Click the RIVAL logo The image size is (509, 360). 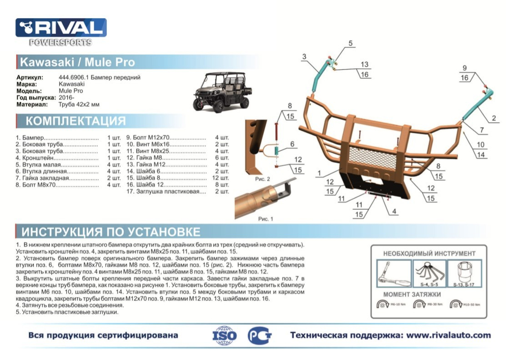[x=61, y=28]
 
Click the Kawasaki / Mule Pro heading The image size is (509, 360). [x=77, y=63]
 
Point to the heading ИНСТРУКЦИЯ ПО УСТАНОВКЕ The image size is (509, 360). [x=110, y=232]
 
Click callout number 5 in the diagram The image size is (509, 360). [x=350, y=44]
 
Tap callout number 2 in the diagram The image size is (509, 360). [x=493, y=119]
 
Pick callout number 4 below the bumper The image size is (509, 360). [x=394, y=210]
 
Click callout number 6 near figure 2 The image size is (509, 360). [x=292, y=145]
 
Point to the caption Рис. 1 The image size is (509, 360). [x=266, y=218]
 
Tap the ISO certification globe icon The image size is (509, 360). [x=224, y=336]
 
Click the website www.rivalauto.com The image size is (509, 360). [x=441, y=335]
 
